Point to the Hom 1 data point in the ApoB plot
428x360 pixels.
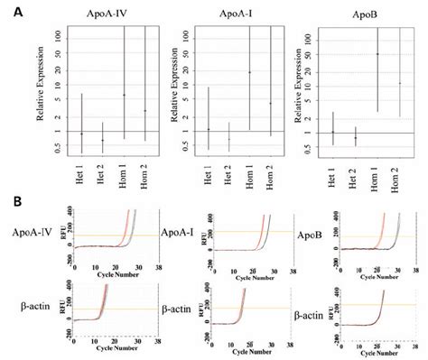point(377,54)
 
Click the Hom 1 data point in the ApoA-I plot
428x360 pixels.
point(250,72)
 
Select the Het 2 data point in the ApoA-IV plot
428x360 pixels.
point(102,140)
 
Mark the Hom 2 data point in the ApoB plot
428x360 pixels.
point(400,83)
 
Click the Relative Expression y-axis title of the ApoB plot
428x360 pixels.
point(297,90)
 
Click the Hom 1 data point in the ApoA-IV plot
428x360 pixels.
point(124,95)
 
